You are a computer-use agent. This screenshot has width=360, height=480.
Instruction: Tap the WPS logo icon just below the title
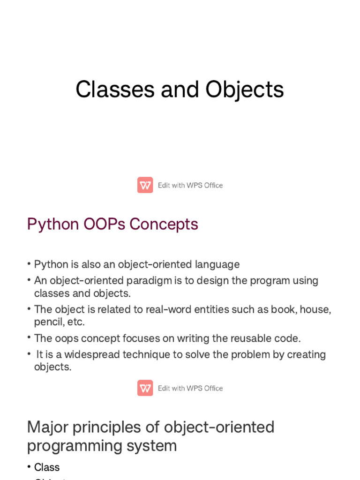point(145,185)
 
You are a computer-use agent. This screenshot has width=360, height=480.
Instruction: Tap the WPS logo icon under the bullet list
point(145,388)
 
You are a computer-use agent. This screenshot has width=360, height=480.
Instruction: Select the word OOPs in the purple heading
point(105,224)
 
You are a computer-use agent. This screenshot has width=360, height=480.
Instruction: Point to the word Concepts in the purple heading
point(164,224)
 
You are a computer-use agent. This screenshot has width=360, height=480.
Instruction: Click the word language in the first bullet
point(217,264)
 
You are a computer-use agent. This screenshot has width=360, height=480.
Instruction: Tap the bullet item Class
point(47,467)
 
